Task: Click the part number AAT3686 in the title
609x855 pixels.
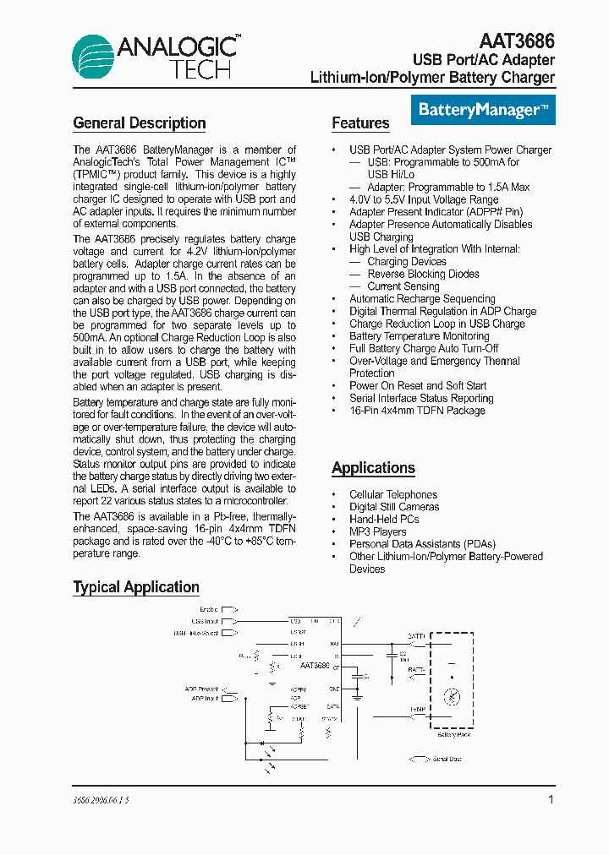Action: pos(517,41)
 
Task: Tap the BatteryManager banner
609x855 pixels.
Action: pos(484,110)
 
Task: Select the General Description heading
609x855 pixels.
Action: pos(140,123)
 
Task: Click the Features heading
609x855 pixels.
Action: pos(360,123)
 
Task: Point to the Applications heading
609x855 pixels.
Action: pos(373,468)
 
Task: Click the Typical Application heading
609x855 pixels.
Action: pos(136,587)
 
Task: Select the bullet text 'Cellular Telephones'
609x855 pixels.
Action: pos(393,494)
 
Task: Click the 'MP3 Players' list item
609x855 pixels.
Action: pos(377,531)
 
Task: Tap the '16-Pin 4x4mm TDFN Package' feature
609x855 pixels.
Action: pos(417,411)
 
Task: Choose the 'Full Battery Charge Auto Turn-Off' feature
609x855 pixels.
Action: pos(424,348)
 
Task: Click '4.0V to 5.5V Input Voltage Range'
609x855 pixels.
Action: pos(424,199)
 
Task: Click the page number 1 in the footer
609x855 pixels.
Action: pos(551,799)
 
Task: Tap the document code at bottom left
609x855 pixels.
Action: pos(101,799)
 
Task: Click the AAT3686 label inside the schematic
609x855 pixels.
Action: pos(314,666)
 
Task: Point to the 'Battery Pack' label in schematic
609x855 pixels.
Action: pos(454,734)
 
